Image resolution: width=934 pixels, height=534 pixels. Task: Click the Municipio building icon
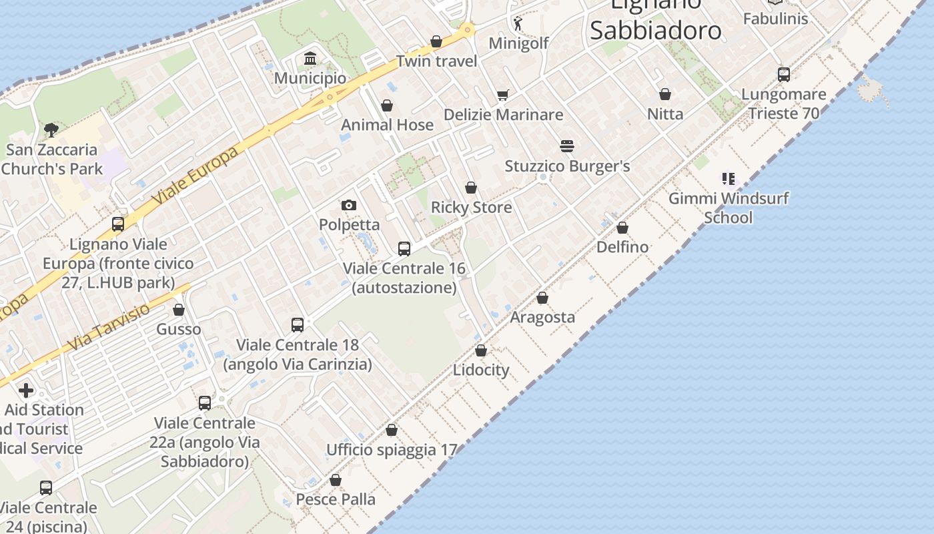310,59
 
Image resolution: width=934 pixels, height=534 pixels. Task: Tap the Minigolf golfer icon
518,23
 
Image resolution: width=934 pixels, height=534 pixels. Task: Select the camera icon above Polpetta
348,205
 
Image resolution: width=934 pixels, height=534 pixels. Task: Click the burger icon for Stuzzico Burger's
567,146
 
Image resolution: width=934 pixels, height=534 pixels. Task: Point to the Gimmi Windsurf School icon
728,179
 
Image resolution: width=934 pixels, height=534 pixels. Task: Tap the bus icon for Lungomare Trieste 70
784,74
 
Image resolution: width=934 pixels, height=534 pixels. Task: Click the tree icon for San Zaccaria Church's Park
51,129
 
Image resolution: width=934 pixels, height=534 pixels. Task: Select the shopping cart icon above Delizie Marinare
502,95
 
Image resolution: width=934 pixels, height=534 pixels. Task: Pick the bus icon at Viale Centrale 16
404,249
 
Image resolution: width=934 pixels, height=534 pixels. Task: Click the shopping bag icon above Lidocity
481,350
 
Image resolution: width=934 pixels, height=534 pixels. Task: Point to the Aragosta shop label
542,317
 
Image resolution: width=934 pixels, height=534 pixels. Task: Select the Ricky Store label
471,207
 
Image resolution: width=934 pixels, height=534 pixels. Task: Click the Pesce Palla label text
336,499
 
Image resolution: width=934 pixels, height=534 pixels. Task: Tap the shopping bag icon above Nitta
664,94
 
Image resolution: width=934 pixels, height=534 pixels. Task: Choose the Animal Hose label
387,125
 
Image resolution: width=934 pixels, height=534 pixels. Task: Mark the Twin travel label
436,61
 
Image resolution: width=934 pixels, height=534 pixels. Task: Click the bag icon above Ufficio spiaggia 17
392,431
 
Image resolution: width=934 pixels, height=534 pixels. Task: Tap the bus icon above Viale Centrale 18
298,325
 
